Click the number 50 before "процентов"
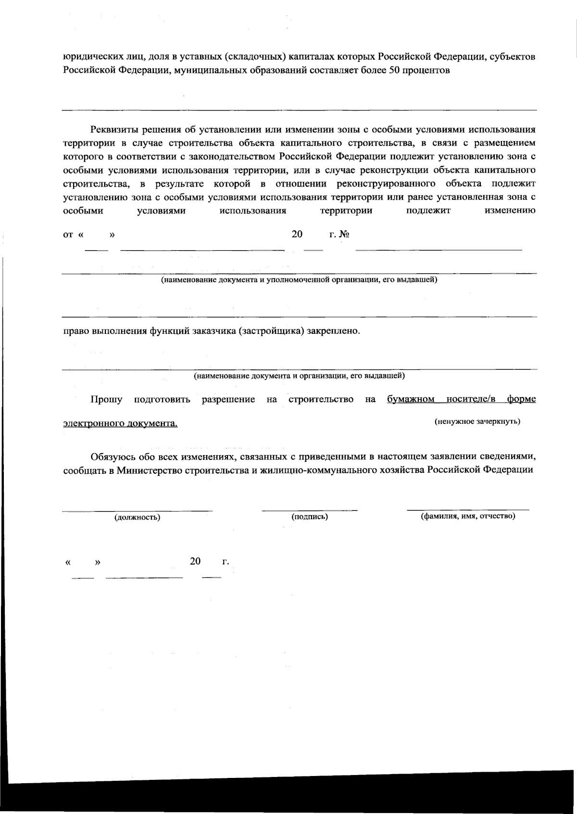(x=394, y=70)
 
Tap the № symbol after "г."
(x=344, y=235)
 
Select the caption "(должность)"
(x=137, y=518)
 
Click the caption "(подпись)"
(x=310, y=517)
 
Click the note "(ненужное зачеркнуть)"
(x=477, y=422)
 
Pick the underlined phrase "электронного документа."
(x=120, y=423)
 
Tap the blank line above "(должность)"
(x=137, y=510)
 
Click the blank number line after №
(x=439, y=249)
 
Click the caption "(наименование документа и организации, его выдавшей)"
(x=299, y=376)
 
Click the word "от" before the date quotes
(x=68, y=235)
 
